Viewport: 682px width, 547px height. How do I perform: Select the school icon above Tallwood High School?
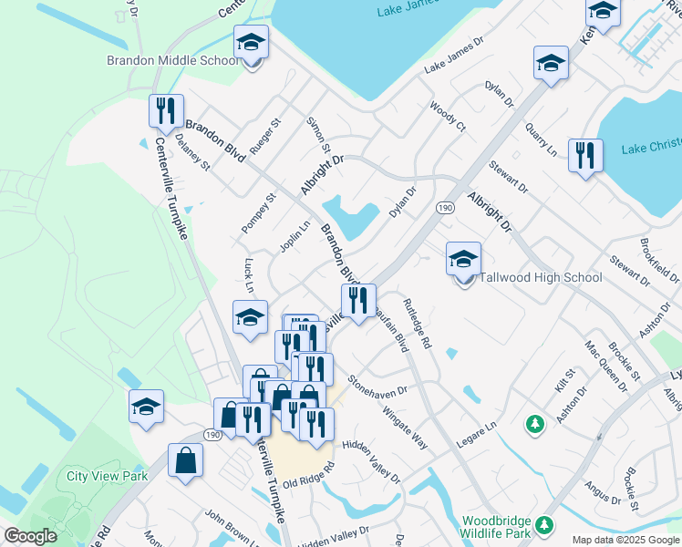pyautogui.click(x=463, y=259)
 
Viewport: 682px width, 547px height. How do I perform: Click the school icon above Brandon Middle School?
pyautogui.click(x=252, y=42)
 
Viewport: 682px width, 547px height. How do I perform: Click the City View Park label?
pyautogui.click(x=107, y=476)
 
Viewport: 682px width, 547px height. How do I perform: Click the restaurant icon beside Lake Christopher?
pyautogui.click(x=585, y=156)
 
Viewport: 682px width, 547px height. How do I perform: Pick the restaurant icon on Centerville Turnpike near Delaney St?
pyautogui.click(x=166, y=111)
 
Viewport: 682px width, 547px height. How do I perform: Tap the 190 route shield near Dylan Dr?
pyautogui.click(x=444, y=208)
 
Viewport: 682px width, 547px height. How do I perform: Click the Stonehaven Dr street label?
pyautogui.click(x=377, y=385)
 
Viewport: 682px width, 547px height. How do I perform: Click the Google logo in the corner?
pyautogui.click(x=31, y=536)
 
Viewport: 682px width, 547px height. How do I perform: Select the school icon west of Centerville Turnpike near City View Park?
pyautogui.click(x=146, y=407)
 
